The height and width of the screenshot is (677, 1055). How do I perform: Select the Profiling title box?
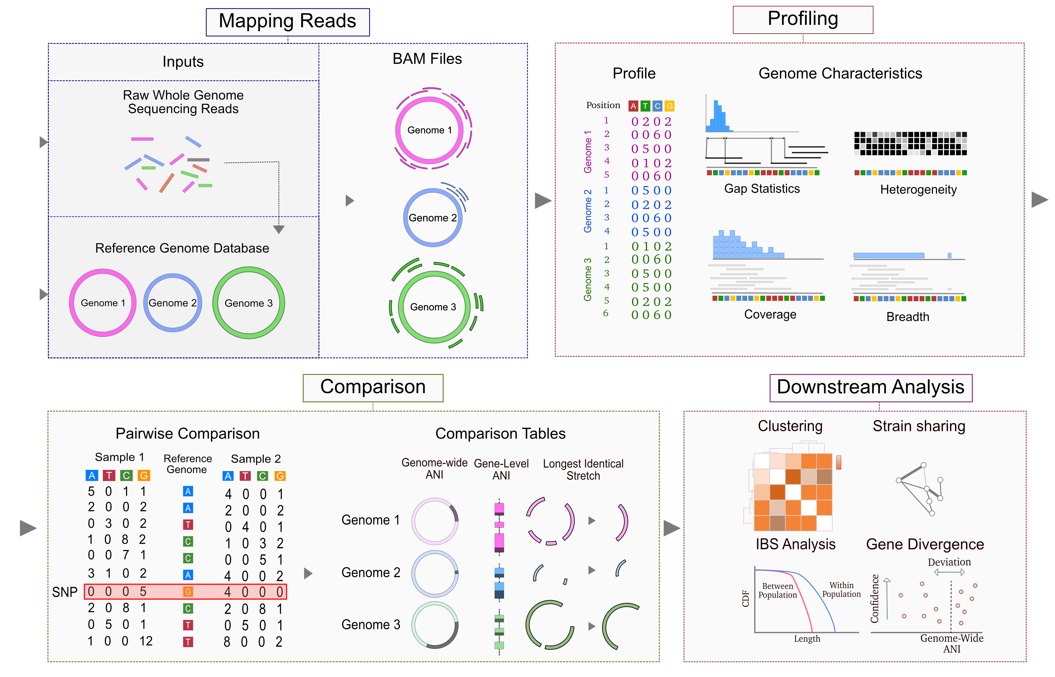(x=803, y=20)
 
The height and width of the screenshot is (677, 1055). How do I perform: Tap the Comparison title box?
(x=373, y=388)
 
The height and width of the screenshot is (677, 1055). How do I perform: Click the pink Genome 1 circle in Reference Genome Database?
(x=70, y=303)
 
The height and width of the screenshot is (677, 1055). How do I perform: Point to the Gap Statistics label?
(x=762, y=189)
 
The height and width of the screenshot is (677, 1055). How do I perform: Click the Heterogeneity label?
(x=918, y=189)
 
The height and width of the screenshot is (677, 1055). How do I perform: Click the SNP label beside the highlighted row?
(x=65, y=592)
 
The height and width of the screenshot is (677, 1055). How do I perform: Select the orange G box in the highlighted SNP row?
(x=188, y=592)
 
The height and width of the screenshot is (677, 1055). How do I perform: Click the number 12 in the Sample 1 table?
(x=146, y=641)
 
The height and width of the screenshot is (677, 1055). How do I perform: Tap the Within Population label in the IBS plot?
(x=841, y=590)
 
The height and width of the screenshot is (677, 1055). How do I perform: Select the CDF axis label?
(x=746, y=599)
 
